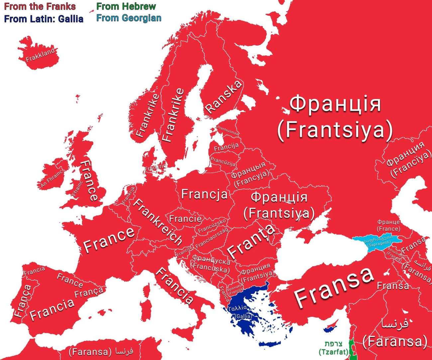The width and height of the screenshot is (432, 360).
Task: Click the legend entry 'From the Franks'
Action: click(x=40, y=6)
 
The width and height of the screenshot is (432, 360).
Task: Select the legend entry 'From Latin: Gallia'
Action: click(x=44, y=19)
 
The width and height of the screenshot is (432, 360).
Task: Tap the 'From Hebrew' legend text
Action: click(x=126, y=6)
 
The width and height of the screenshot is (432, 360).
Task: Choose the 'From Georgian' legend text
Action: click(x=129, y=18)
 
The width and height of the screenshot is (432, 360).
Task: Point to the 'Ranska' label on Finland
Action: click(x=223, y=96)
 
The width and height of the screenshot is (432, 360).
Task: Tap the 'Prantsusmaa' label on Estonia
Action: click(x=228, y=131)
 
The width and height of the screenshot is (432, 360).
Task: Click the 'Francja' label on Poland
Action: click(x=204, y=194)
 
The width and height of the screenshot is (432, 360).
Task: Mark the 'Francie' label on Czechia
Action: click(x=185, y=218)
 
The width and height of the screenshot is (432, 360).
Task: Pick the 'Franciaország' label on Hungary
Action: click(x=212, y=238)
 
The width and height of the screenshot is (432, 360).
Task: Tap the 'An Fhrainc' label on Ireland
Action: click(x=51, y=179)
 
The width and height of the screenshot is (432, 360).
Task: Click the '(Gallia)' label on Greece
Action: click(x=243, y=316)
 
